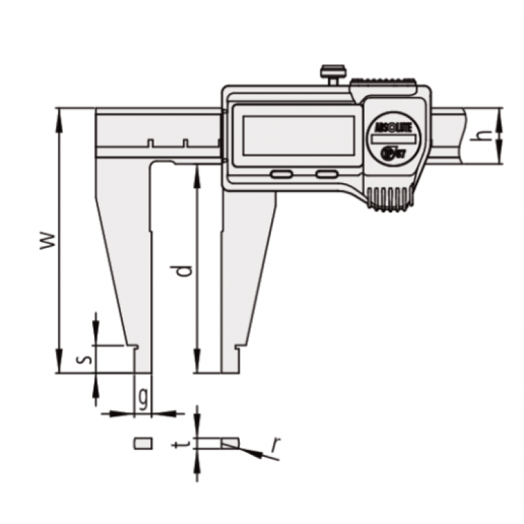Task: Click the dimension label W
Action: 47,240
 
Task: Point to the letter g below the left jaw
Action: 143,399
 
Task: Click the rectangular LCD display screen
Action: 297,136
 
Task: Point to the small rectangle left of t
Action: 143,442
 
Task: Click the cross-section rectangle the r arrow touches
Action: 230,442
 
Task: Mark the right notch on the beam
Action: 186,143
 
